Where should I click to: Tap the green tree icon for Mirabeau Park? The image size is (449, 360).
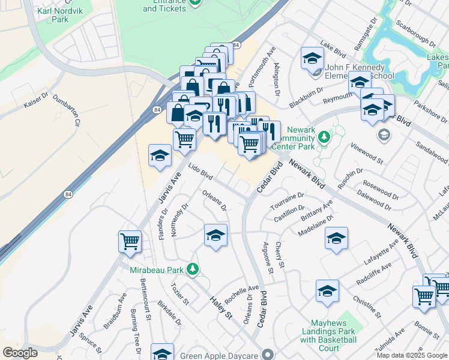(193, 269)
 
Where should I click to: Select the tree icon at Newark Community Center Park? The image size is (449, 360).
(324, 137)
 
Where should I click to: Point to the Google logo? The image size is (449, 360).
(20, 353)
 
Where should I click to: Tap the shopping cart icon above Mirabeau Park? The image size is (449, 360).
(130, 241)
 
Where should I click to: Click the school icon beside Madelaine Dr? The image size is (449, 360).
(336, 238)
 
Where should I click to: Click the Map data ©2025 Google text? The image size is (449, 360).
(411, 355)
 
